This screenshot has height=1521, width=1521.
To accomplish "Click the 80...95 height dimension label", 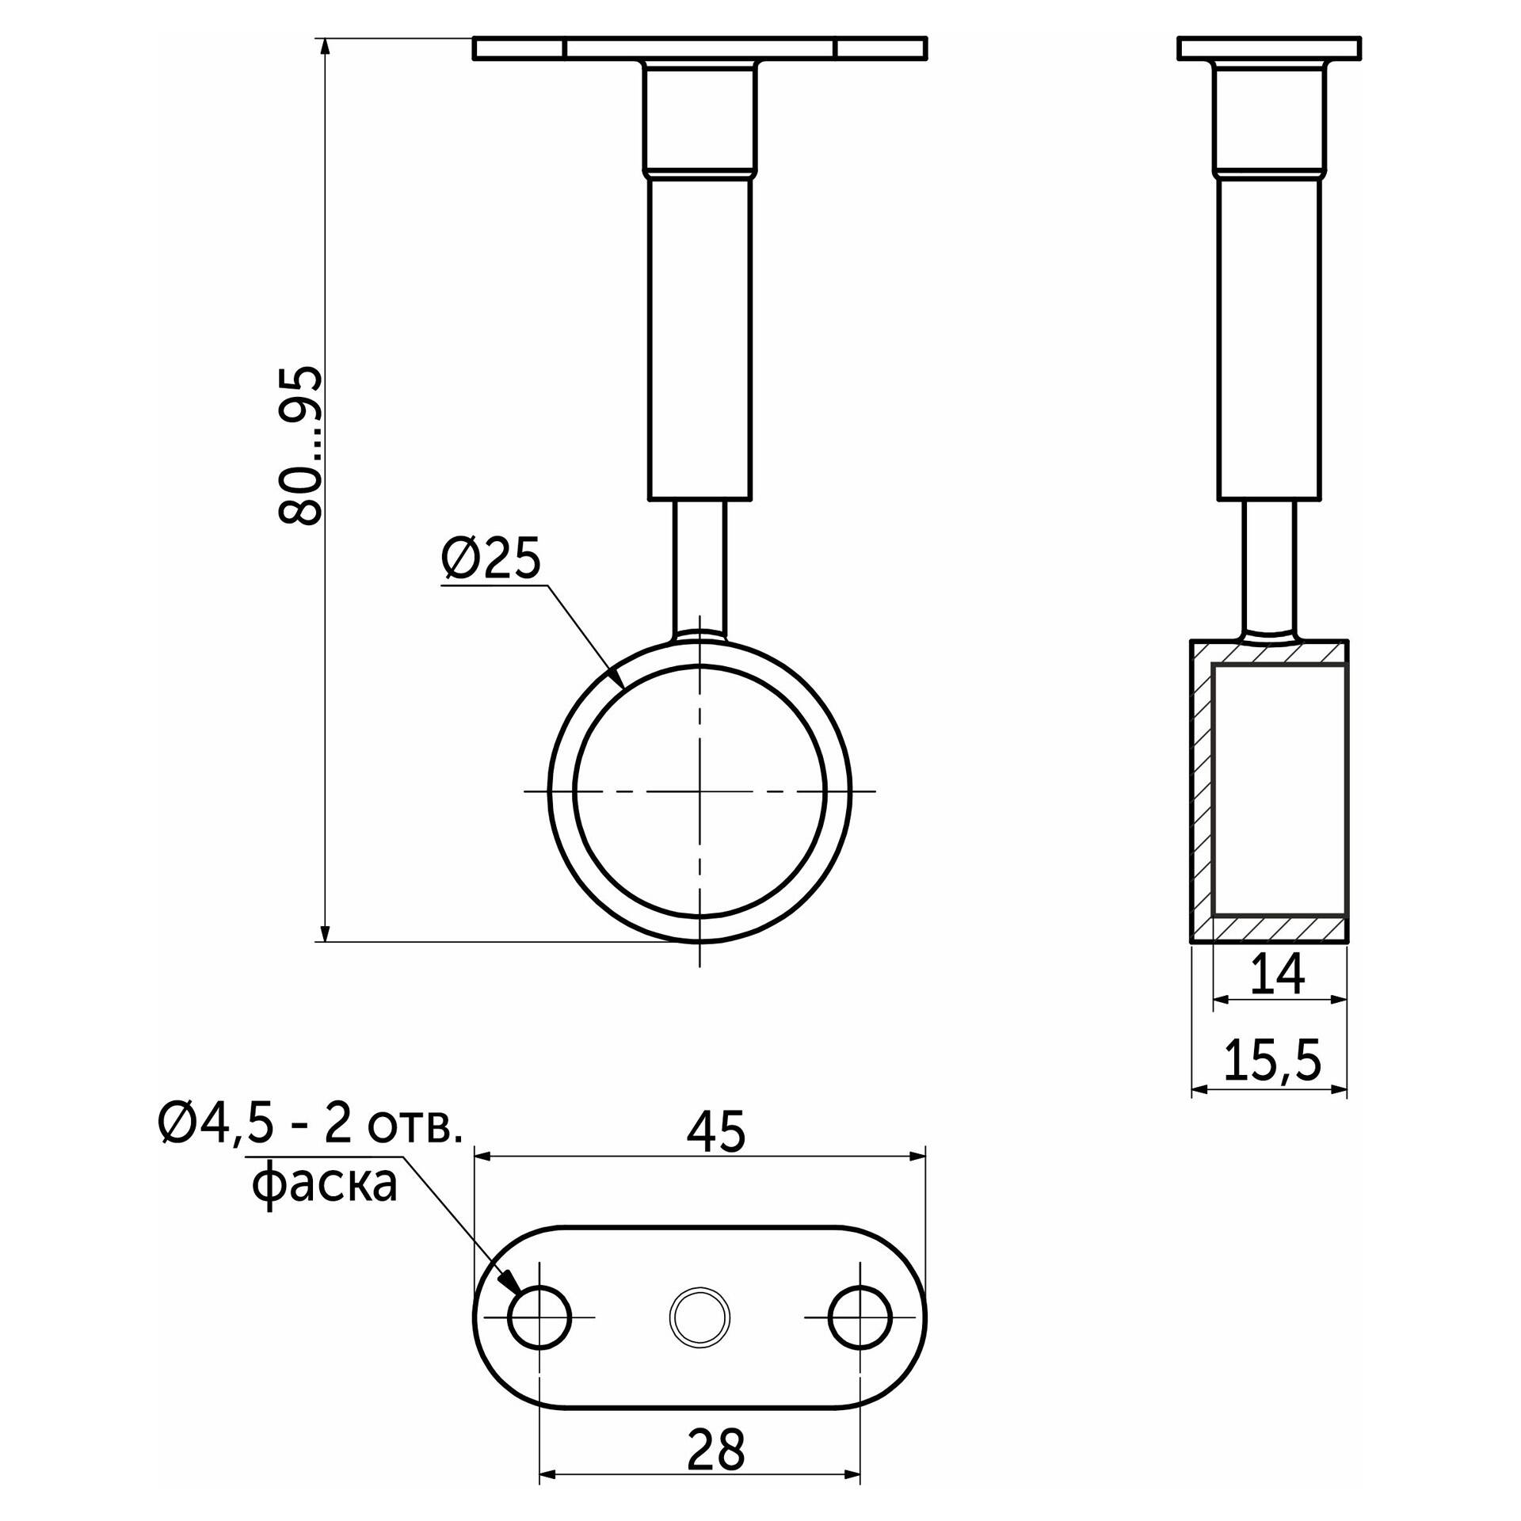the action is tap(301, 445).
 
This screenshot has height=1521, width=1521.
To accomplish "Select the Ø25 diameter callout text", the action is tap(491, 558).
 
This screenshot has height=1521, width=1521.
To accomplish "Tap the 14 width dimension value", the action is tap(1277, 974).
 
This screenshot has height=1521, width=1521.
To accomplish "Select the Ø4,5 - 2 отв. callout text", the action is tap(310, 1125).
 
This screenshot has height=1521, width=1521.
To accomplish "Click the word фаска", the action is tap(324, 1186).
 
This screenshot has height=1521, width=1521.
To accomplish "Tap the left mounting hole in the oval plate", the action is tap(539, 1318).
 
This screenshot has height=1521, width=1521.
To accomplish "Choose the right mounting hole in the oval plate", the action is tap(860, 1318).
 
